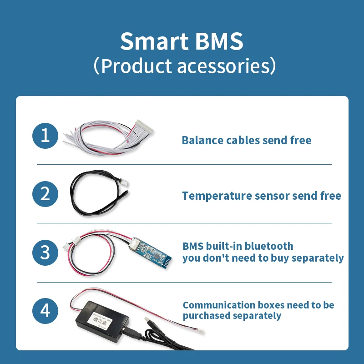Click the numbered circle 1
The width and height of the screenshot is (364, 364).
pos(45,135)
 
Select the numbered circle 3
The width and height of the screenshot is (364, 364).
pos(45,252)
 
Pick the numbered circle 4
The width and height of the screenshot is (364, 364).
pos(45,311)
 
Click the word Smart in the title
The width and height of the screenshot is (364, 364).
pos(150,42)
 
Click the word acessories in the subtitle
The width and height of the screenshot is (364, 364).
pos(222,66)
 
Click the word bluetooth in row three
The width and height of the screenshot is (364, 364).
pos(269,246)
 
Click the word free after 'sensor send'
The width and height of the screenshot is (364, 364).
pos(330,196)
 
